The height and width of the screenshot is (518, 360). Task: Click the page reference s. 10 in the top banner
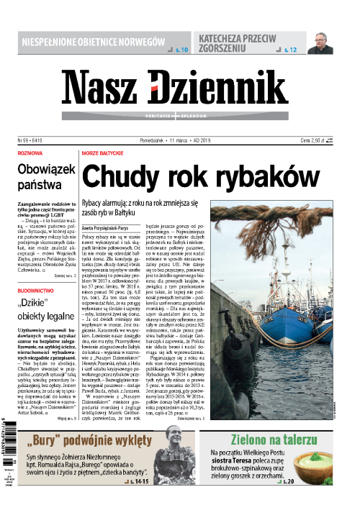179,50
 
